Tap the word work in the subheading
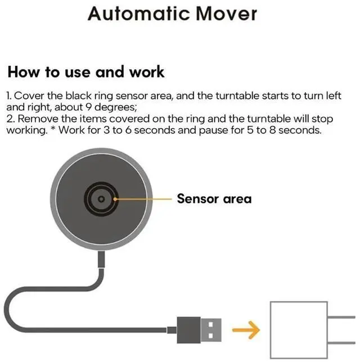[146, 72]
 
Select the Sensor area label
[214, 198]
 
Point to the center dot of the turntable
[100, 198]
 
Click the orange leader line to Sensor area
[143, 198]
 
